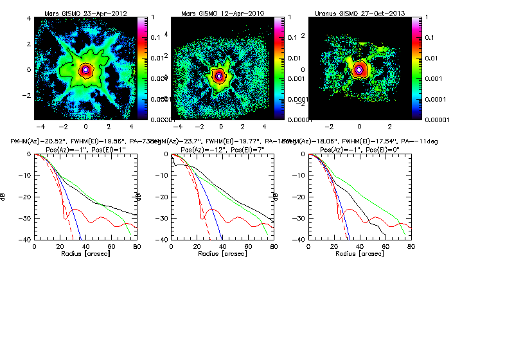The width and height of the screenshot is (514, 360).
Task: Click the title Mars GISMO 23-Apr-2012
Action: pyautogui.click(x=85, y=14)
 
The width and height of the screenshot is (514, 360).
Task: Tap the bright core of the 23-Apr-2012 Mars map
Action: pyautogui.click(x=85, y=69)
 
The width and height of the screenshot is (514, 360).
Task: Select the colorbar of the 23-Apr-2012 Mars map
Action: pyautogui.click(x=141, y=67)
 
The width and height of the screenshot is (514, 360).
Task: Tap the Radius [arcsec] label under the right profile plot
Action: pyautogui.click(x=358, y=255)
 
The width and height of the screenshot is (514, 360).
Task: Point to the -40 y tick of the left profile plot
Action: pyautogui.click(x=25, y=240)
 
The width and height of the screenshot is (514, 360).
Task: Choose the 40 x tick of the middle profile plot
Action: pyautogui.click(x=222, y=247)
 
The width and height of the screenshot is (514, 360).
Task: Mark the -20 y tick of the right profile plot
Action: pyautogui.click(x=300, y=197)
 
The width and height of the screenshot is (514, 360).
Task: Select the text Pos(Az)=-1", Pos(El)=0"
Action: pyautogui.click(x=358, y=148)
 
